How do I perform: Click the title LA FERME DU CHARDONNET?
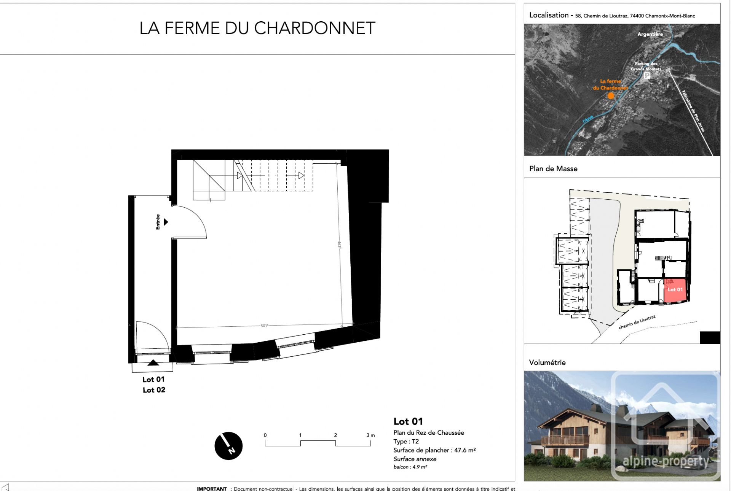point(257,28)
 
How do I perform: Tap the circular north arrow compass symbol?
point(228,446)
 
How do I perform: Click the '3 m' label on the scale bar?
point(370,435)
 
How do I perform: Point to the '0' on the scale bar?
point(265,435)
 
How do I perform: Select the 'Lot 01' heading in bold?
point(408,421)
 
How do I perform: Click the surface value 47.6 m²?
point(464,450)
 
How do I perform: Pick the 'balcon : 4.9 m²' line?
point(410,467)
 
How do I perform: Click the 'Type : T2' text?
point(406,441)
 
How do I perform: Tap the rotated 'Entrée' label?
point(158,222)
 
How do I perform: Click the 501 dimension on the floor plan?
point(264,326)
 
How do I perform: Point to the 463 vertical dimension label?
point(339,245)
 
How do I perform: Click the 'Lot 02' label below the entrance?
point(154,390)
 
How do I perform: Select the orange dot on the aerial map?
point(611,96)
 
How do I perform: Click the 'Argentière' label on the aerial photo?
point(650,34)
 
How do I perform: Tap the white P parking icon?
point(647,75)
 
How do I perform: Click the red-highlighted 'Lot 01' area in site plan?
point(675,290)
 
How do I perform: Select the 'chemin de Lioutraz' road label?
point(637,322)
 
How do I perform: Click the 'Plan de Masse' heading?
point(553,168)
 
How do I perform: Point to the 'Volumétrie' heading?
point(547,362)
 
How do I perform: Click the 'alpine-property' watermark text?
point(666,461)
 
